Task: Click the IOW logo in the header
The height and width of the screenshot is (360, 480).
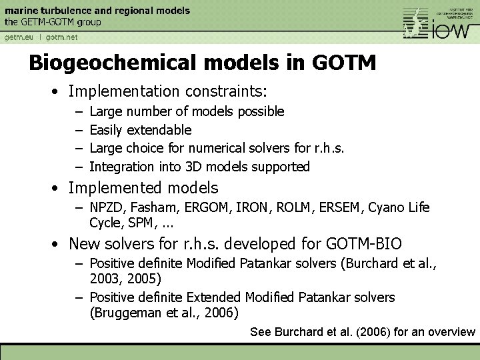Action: pos(440,25)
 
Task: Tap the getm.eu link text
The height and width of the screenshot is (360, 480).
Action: pos(19,37)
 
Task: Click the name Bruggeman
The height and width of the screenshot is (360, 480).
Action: pos(127,312)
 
